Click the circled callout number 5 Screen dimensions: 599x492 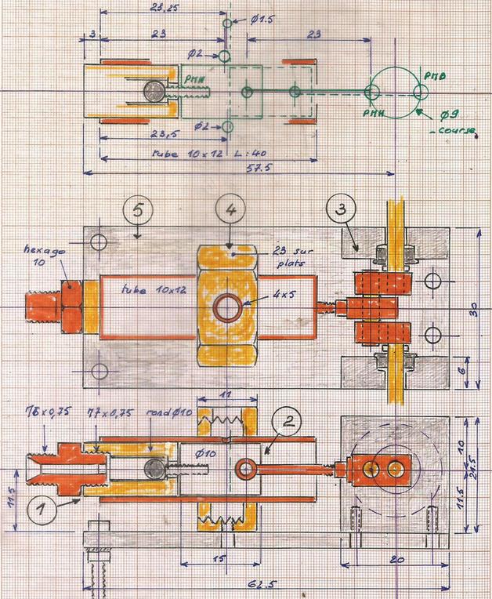point(138,211)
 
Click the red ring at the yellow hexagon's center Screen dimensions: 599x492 point(227,308)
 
